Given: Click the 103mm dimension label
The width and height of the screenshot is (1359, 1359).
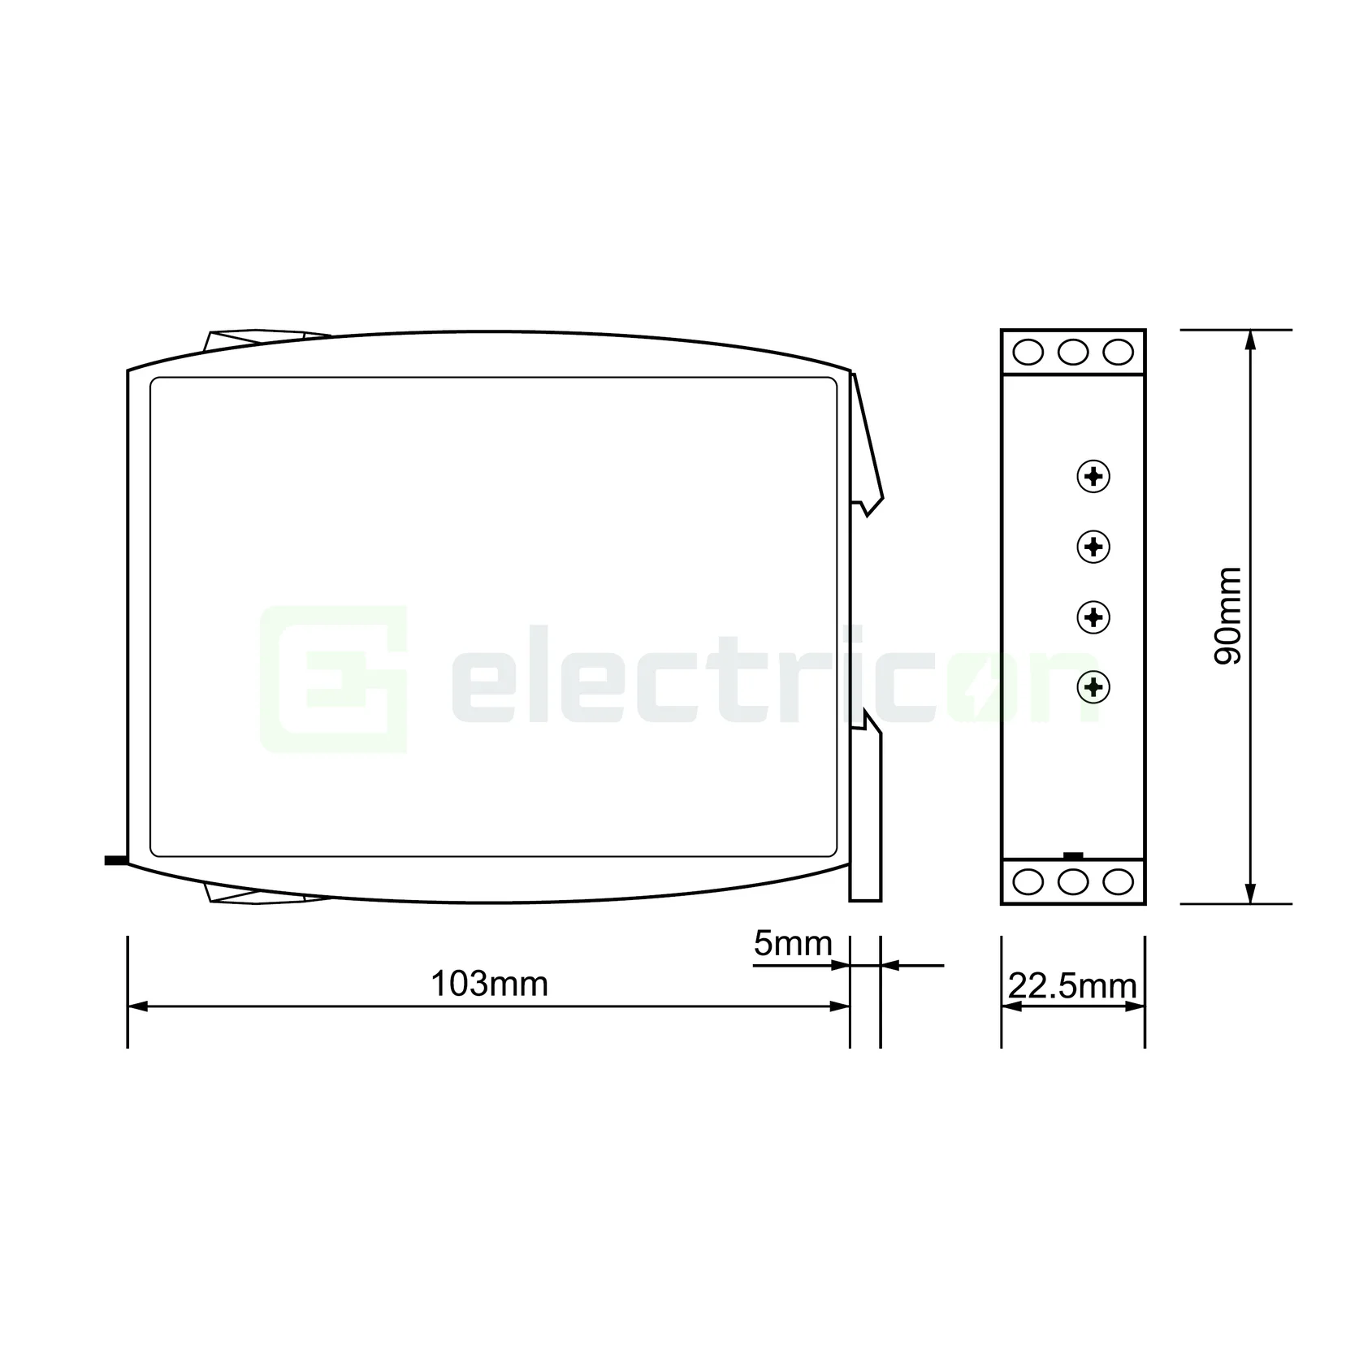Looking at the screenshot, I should click(489, 984).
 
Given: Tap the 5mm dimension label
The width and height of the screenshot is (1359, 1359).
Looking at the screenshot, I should click(792, 944).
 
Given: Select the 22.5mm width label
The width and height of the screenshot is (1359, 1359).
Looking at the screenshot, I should click(1072, 986).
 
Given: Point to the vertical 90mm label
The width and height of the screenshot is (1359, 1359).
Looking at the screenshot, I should click(1227, 616).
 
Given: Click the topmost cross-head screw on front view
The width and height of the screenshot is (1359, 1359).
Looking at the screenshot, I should click(1093, 477).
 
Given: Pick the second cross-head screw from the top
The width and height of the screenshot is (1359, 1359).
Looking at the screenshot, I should click(1093, 547).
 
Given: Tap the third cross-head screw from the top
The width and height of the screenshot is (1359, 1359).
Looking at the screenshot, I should click(1093, 617).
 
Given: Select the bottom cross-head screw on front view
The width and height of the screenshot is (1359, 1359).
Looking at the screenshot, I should click(1093, 687).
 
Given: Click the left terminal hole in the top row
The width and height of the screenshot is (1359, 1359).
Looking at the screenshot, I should click(1028, 353).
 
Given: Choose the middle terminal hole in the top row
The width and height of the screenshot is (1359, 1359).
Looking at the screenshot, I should click(1073, 353).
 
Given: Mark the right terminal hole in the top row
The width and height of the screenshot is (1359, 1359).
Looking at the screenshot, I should click(1118, 353).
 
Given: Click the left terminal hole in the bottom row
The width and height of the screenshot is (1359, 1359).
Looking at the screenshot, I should click(1028, 881).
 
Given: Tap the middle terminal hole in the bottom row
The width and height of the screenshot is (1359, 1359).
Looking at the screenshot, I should click(1073, 881).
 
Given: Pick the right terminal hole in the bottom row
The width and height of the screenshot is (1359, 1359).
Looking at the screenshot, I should click(1118, 881).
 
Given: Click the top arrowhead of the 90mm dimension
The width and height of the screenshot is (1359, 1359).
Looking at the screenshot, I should click(1251, 340).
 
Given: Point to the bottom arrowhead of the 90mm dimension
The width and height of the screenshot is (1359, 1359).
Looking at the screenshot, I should click(1251, 894).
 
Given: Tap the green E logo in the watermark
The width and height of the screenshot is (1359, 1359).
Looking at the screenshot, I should click(333, 678).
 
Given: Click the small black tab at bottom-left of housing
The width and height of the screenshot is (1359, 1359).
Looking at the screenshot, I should click(115, 859).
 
